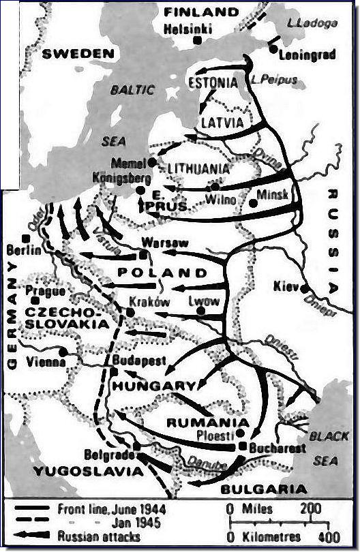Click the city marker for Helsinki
coord(196,40)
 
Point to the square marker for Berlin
coord(25,238)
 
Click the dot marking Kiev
coord(303,288)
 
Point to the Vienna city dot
coord(63,352)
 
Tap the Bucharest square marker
coord(243,446)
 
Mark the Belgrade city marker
coord(137,446)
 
